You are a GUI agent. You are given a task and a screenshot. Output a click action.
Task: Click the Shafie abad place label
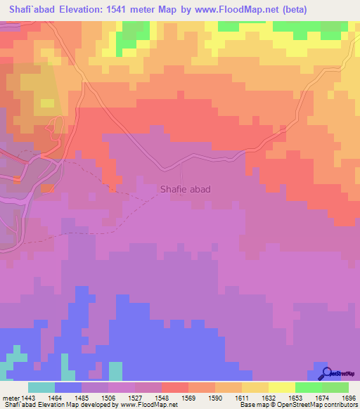coord(185,189)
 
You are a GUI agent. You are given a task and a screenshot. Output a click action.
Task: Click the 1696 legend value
coord(349,398)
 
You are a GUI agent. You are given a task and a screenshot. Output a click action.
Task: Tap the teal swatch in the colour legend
coord(41,387)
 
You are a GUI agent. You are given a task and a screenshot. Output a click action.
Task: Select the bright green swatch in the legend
coord(309,387)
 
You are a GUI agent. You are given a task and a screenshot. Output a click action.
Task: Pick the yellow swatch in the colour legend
coord(282,387)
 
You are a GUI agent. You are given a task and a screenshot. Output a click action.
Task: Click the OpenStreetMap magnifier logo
coord(325,373)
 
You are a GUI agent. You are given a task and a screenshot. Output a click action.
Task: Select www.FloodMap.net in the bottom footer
coord(148,405)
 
